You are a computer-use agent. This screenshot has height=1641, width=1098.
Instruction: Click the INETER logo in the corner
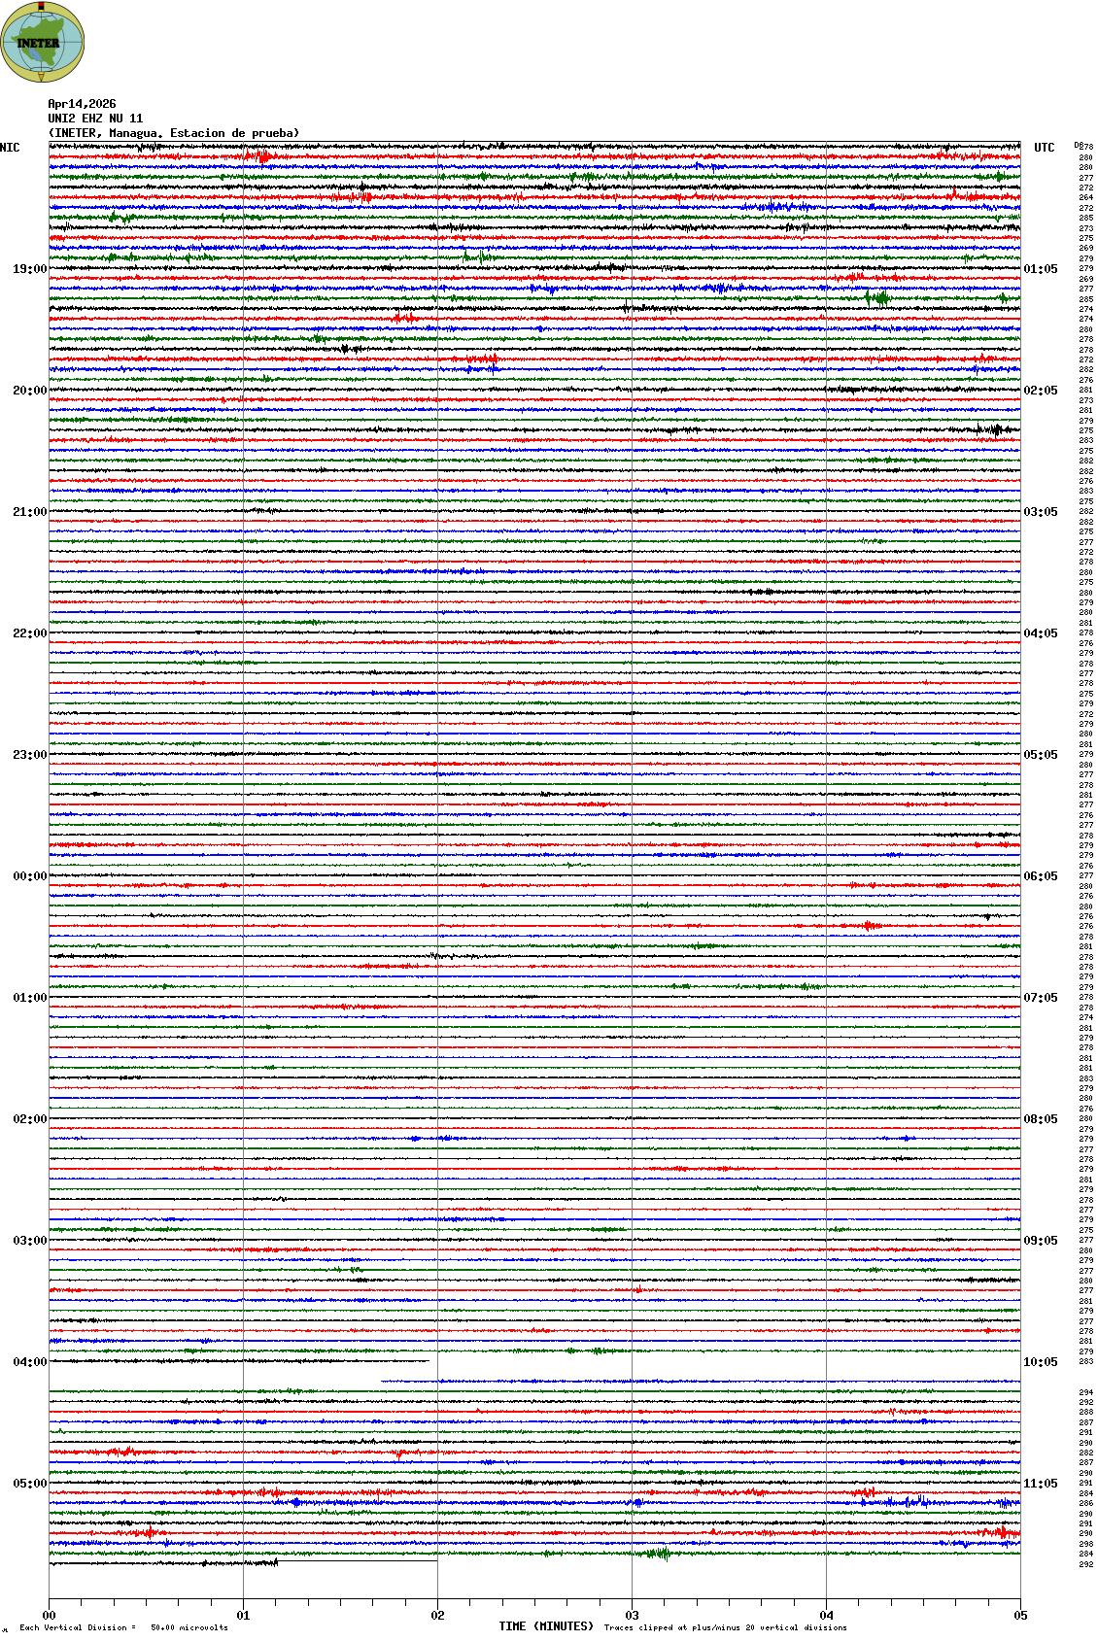coord(42,42)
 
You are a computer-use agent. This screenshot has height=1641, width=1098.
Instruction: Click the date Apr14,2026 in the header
coord(82,104)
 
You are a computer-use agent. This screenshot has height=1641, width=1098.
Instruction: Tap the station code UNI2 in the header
coord(61,119)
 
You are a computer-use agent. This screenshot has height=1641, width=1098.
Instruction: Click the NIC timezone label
coord(10,148)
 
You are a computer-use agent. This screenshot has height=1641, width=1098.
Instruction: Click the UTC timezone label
coord(1045,148)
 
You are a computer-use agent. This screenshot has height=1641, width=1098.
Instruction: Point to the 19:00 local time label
coord(29,269)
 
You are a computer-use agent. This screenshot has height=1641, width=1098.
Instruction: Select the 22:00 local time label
coord(29,633)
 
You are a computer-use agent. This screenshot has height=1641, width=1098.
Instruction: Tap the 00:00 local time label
coord(29,876)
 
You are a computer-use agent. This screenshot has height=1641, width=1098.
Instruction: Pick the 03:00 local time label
coord(29,1241)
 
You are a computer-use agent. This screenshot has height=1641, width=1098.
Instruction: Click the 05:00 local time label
coord(29,1484)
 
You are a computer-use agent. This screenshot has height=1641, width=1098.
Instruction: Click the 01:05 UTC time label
coord(1041,269)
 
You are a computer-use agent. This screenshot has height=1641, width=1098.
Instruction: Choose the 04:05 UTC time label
coord(1041,633)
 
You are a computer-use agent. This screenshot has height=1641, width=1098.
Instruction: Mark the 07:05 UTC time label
coord(1041,998)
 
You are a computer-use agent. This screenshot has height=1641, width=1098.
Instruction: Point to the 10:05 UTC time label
coord(1041,1362)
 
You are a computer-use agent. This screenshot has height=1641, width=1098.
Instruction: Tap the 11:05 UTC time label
coord(1041,1484)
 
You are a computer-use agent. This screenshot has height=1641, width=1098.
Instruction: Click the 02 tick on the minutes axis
coord(437,1616)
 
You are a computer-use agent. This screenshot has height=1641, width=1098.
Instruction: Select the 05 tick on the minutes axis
coord(1020,1616)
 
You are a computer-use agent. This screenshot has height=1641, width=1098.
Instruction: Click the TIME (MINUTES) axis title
coord(546,1626)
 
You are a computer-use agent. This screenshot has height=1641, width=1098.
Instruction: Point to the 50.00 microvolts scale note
coord(189,1627)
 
